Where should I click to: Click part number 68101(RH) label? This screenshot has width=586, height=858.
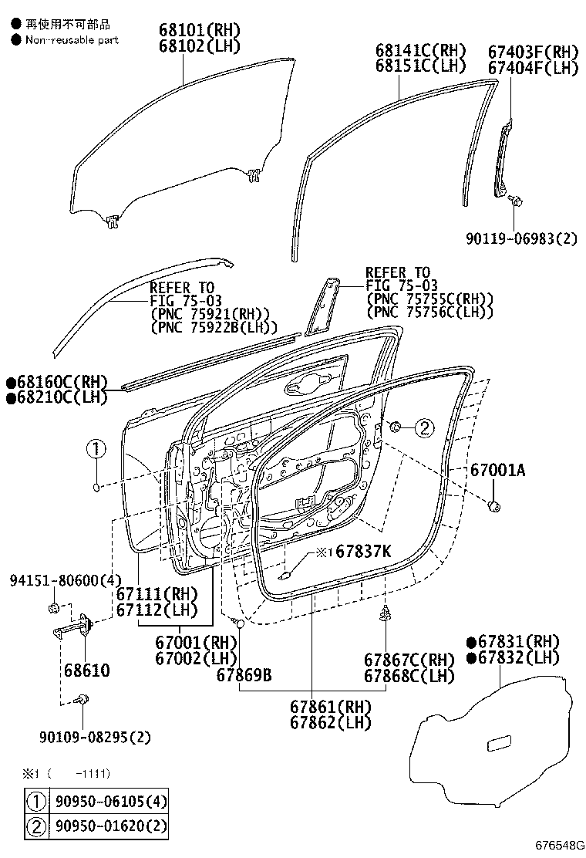click(200, 30)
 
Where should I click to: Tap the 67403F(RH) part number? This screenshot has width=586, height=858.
click(533, 52)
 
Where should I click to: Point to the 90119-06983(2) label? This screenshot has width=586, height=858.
click(520, 238)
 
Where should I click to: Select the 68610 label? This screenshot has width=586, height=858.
click(86, 671)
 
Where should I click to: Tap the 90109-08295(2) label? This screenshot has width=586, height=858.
click(95, 737)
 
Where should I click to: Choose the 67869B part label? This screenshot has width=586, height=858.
click(244, 676)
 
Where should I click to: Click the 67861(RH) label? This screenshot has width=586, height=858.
click(331, 707)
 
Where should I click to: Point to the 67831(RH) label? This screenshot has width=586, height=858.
click(518, 641)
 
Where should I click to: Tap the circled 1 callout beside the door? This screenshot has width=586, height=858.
click(95, 448)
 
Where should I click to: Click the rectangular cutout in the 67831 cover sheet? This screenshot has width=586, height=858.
click(504, 744)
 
